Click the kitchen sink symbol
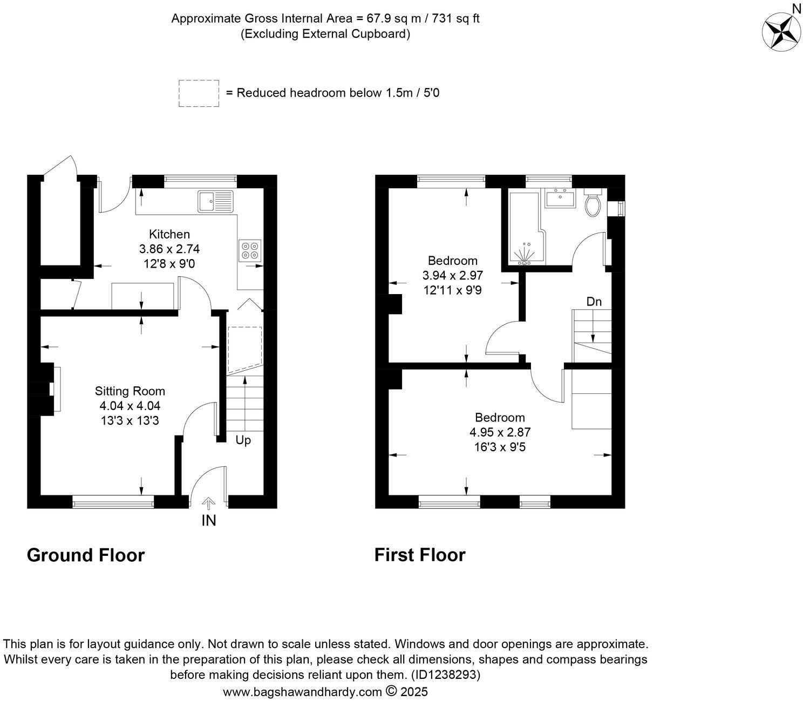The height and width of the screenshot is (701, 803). tap(215, 201)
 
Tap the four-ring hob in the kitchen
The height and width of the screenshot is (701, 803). tap(249, 250)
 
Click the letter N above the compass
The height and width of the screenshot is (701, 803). tap(796, 8)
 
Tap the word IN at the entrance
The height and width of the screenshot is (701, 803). tap(208, 521)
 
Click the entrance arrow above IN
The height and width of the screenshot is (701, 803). tap(208, 503)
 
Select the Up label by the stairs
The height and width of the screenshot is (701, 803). tap(243, 440)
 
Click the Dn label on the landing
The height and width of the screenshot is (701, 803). tap(594, 302)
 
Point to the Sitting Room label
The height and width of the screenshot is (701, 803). tap(130, 391)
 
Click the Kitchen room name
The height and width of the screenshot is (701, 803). tap(169, 234)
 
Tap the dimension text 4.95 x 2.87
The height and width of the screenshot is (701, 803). tap(500, 432)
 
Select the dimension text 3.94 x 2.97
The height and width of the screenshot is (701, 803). tap(452, 275)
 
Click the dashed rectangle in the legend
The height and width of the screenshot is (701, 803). tap(199, 93)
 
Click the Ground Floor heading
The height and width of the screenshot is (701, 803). tap(86, 555)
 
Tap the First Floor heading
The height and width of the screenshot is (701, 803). tap(420, 555)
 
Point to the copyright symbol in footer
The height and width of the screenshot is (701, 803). tap(392, 691)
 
